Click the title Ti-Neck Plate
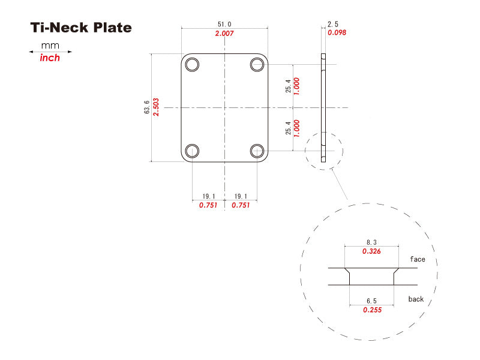(x=80, y=28)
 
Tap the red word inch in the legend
(x=50, y=58)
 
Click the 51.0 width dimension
(x=224, y=24)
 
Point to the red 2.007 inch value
(x=224, y=34)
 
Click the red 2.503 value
(x=157, y=107)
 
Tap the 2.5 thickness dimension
(x=333, y=24)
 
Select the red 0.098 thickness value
(x=337, y=32)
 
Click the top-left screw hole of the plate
(x=193, y=64)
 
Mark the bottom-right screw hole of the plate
(x=257, y=151)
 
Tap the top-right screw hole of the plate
(x=257, y=64)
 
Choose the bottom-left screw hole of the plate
(x=193, y=151)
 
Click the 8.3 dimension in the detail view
(x=371, y=242)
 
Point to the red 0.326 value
(x=371, y=251)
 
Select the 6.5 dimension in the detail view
(x=371, y=300)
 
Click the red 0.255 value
(x=371, y=310)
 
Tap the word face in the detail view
(x=418, y=259)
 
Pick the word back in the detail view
(x=416, y=299)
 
